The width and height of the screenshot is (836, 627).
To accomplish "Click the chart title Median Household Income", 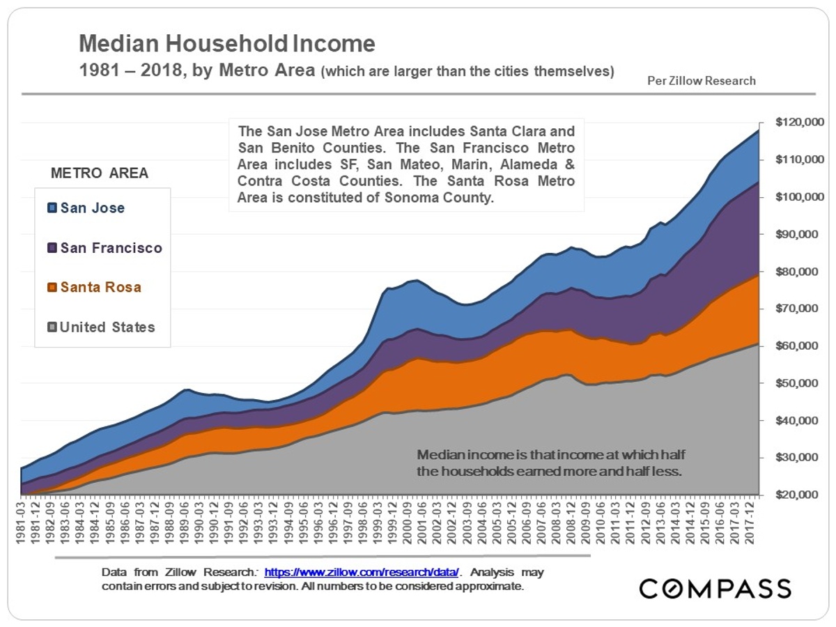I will tap(227, 44).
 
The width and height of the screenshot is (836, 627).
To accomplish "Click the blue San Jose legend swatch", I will tap(52, 208).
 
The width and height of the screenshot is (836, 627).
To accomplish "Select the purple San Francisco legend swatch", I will tap(52, 248).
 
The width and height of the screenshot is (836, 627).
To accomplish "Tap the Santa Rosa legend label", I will tap(100, 287).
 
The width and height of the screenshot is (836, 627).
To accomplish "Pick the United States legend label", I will tap(107, 327).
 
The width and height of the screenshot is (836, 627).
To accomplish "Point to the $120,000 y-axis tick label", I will tap(794, 123).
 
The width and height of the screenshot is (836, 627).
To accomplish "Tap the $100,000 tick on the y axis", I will tap(794, 197).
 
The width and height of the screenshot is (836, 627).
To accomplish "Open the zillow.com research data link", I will tap(362, 572).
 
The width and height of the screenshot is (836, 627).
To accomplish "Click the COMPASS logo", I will tap(715, 588).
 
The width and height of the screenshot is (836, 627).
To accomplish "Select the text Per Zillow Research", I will tap(702, 81).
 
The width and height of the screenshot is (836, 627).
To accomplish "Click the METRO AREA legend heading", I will tap(100, 173).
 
